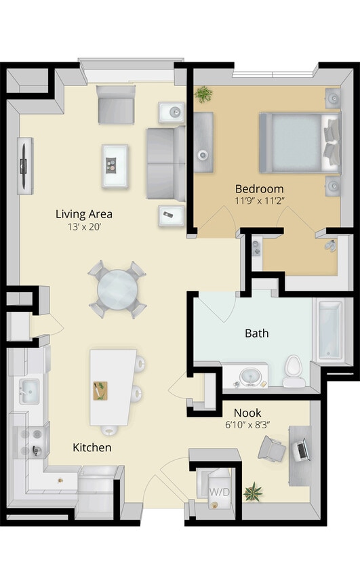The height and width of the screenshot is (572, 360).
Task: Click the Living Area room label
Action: pos(84,214)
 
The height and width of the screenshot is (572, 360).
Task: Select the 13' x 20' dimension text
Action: pos(84,228)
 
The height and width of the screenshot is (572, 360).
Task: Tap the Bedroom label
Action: pos(259,188)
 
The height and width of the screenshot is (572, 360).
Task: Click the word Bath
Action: pos(256,333)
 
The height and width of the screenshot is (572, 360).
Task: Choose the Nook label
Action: pos(247,412)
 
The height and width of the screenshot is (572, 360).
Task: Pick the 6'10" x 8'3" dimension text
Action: pos(247,424)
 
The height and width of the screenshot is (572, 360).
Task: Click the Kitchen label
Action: pos(92,448)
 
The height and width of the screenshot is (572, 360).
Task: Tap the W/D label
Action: pos(218,491)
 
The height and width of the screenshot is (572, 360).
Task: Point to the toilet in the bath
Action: pos(293,371)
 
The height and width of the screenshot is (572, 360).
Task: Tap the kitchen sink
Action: pos(28,390)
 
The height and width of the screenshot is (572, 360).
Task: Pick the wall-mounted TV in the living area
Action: pos(25,164)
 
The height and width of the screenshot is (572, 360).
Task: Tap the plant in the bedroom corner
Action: pos(203,94)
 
